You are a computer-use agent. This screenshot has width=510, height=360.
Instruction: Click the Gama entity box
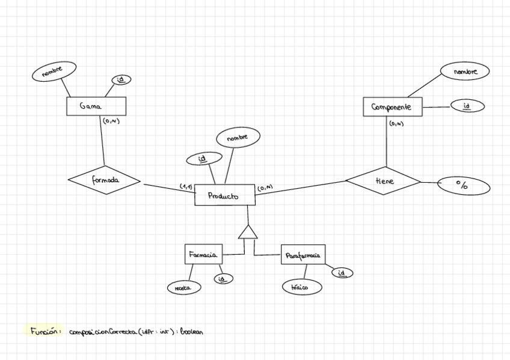(x=96, y=106)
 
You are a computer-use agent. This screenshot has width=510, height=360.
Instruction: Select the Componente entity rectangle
(x=393, y=107)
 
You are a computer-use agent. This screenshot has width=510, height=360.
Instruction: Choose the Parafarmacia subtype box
(x=303, y=255)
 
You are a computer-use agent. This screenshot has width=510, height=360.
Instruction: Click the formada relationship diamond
(x=104, y=180)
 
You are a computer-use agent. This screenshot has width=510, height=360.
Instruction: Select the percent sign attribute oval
(x=463, y=186)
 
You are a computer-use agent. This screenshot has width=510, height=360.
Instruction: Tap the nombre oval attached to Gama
(x=55, y=71)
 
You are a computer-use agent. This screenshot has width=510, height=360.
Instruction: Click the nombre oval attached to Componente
(x=464, y=72)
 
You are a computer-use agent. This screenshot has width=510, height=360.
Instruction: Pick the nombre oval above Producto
(x=238, y=138)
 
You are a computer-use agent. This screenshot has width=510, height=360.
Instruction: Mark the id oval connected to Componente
(x=467, y=106)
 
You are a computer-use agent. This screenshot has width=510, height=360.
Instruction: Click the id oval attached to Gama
(x=121, y=79)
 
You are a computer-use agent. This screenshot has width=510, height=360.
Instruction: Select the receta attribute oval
(x=183, y=288)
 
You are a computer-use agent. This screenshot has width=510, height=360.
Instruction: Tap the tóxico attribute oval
(x=302, y=287)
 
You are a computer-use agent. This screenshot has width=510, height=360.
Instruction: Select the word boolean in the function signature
(x=191, y=331)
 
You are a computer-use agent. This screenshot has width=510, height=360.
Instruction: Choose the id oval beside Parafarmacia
(x=342, y=273)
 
